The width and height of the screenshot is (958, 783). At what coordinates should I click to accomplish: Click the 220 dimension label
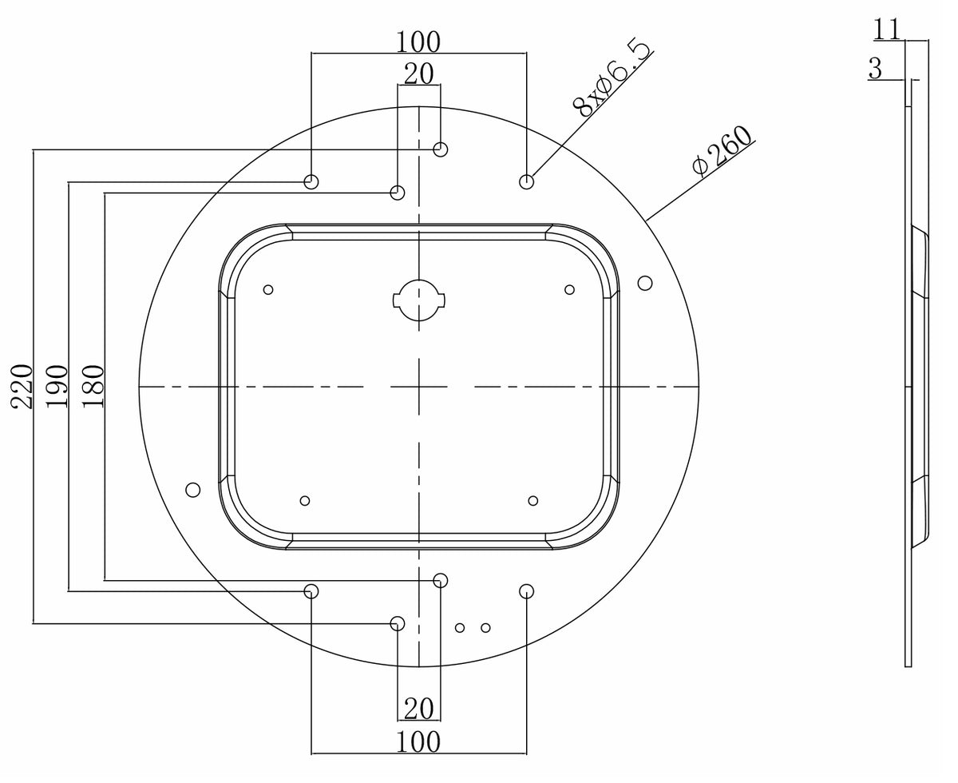(x=22, y=386)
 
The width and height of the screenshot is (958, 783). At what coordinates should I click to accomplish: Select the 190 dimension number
(x=57, y=386)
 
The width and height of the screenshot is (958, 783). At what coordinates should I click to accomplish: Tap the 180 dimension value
(x=93, y=386)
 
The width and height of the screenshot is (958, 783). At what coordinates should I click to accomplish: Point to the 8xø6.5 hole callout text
(x=612, y=78)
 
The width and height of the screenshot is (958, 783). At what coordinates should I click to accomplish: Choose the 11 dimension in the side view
(x=886, y=30)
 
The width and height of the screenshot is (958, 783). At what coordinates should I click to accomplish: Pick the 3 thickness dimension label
(x=875, y=70)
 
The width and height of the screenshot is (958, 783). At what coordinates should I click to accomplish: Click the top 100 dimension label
(x=418, y=42)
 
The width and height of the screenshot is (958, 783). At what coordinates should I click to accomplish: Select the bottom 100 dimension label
(x=418, y=742)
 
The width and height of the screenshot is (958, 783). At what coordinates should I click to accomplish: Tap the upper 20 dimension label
(x=418, y=74)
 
